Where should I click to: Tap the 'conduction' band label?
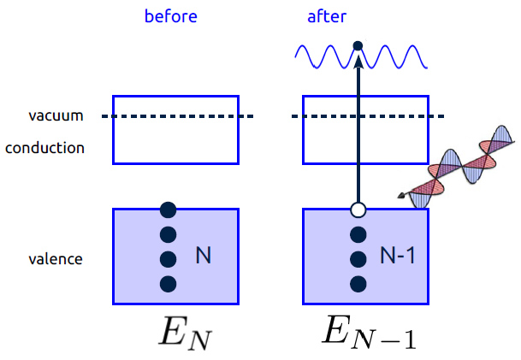pos(44,148)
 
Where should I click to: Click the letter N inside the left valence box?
pos(203,255)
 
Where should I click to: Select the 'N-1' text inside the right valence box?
pos(397,255)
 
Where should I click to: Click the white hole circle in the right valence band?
pos(358,210)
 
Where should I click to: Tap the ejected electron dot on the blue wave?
pos(358,44)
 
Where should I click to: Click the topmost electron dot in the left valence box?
pos(169,209)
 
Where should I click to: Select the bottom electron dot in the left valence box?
pos(169,283)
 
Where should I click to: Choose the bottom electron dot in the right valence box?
pos(358,283)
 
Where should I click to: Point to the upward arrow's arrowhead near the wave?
pos(358,58)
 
